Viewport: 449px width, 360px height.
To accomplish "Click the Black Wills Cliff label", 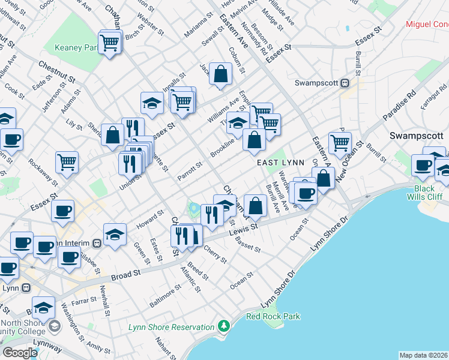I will coord(429,193).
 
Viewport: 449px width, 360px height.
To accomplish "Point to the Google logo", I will coord(20,353).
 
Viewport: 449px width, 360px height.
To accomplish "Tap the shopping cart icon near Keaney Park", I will coord(110,43).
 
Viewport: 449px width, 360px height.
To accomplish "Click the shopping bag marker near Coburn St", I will coord(221,74).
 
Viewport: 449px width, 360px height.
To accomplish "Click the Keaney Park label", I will coord(76,47).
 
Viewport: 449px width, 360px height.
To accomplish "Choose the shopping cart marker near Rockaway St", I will coord(67,161).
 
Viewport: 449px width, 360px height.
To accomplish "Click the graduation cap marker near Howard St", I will coord(115,234).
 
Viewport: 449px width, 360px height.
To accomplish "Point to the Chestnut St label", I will coord(56,71).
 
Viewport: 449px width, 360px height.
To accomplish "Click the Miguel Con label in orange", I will coord(427,24).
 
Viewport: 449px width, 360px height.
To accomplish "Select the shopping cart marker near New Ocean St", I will coord(340,142).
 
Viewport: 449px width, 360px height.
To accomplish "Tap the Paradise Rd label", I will coord(402,104).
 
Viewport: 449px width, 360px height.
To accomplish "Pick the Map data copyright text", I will coord(423,355).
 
